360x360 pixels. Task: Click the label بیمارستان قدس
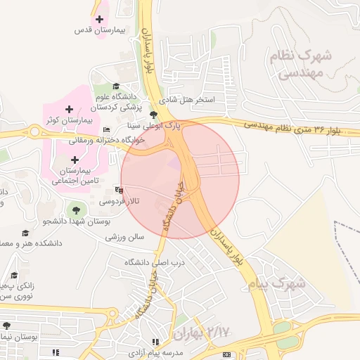(99, 31)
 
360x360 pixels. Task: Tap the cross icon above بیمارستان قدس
(99, 20)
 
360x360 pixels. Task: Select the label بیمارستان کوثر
(69, 121)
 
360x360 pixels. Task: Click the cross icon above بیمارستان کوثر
(69, 109)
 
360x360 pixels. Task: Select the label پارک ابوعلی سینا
(153, 125)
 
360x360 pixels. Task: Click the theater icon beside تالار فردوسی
(120, 189)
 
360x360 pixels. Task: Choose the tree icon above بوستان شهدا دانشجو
(76, 209)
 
